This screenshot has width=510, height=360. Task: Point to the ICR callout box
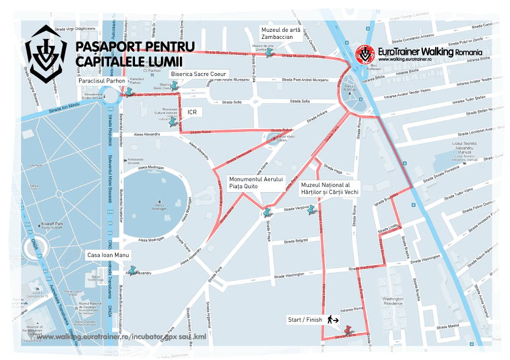[x=192, y=111]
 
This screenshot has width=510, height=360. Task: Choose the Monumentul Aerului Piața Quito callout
[x=256, y=183]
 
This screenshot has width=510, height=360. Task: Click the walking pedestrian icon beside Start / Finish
[x=333, y=320]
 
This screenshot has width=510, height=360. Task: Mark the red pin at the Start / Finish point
[x=347, y=330]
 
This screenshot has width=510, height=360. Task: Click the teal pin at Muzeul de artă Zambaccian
[x=269, y=51]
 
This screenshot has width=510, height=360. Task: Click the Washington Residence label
[x=392, y=301]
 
